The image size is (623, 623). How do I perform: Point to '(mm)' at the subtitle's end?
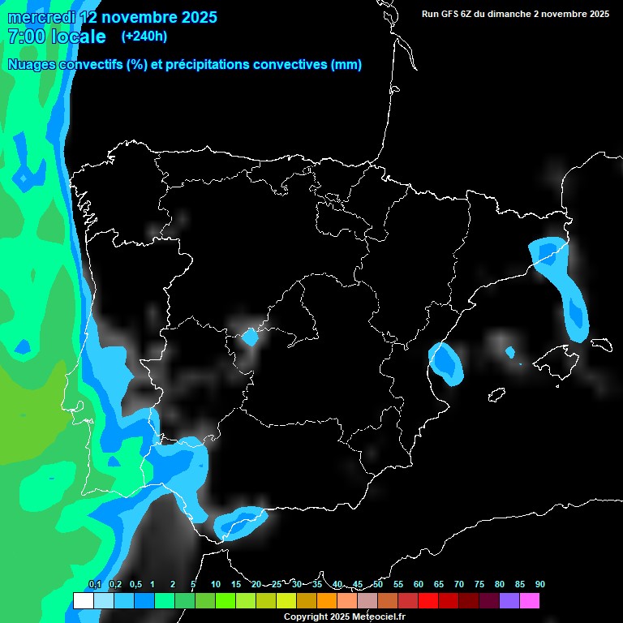[346, 65]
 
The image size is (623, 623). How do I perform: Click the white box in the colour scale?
[83, 601]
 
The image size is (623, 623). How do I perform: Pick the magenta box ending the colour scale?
[530, 601]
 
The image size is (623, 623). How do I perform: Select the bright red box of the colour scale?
[428, 601]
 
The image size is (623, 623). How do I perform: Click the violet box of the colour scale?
[509, 601]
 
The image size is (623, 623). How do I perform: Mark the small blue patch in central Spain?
[251, 337]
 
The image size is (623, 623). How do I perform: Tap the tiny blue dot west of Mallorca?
[510, 352]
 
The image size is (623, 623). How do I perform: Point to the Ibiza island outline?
[496, 395]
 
